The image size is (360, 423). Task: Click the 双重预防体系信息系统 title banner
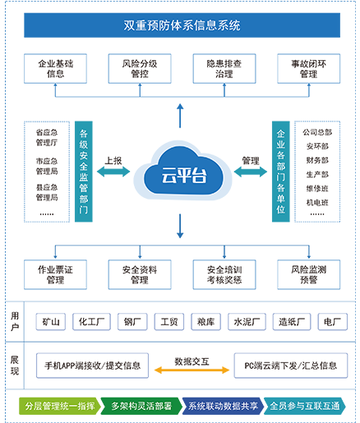tap(182, 25)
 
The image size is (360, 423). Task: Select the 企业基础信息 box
tap(55, 68)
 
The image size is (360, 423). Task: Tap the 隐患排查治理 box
tap(224, 68)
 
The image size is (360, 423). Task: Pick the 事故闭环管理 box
tap(309, 68)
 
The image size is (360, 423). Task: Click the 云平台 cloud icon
tap(183, 170)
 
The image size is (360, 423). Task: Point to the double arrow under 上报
tap(113, 172)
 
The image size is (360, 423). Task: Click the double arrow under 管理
tap(251, 172)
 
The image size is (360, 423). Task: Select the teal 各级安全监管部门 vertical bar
tap(84, 172)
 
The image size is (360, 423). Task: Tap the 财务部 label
tap(317, 160)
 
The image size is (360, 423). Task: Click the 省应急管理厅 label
tap(47, 137)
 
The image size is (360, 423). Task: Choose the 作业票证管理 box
tap(55, 274)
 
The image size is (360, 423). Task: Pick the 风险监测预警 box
tap(309, 274)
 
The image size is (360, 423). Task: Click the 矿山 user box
tap(51, 322)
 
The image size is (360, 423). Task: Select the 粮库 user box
tap(205, 322)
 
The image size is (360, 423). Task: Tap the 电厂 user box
tap(333, 322)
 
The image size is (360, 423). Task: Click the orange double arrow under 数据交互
tap(192, 370)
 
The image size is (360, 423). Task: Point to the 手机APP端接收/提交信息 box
tap(92, 366)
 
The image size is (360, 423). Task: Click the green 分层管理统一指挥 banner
tap(59, 406)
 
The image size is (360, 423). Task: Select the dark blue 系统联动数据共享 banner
tap(223, 406)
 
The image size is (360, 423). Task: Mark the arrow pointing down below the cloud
tap(180, 226)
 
